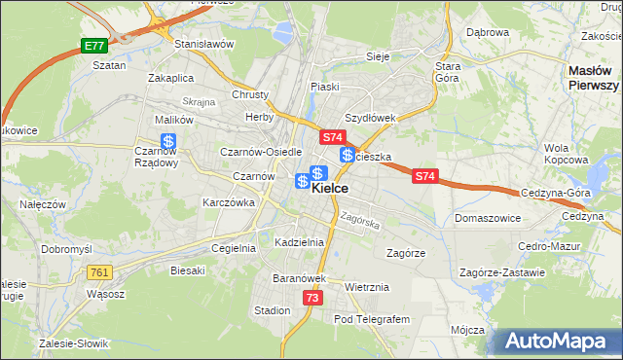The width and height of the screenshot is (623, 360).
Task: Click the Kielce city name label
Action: pyautogui.click(x=331, y=191)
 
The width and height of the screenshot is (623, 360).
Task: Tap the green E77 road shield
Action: pyautogui.click(x=93, y=46)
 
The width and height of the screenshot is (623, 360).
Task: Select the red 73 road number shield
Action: pyautogui.click(x=311, y=298)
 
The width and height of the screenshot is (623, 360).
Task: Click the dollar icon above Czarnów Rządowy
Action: pyautogui.click(x=168, y=142)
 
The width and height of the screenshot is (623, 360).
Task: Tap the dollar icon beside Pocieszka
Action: pyautogui.click(x=347, y=156)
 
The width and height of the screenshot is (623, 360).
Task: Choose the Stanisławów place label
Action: pyautogui.click(x=204, y=44)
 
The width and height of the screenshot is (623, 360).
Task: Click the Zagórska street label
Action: pyautogui.click(x=359, y=221)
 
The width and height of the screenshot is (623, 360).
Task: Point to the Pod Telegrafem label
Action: pyautogui.click(x=372, y=318)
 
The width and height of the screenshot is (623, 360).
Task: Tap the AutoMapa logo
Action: pyautogui.click(x=557, y=342)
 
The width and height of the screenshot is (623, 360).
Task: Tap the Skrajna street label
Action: pyautogui.click(x=198, y=101)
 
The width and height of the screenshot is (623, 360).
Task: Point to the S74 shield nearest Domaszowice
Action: pyautogui.click(x=424, y=176)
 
